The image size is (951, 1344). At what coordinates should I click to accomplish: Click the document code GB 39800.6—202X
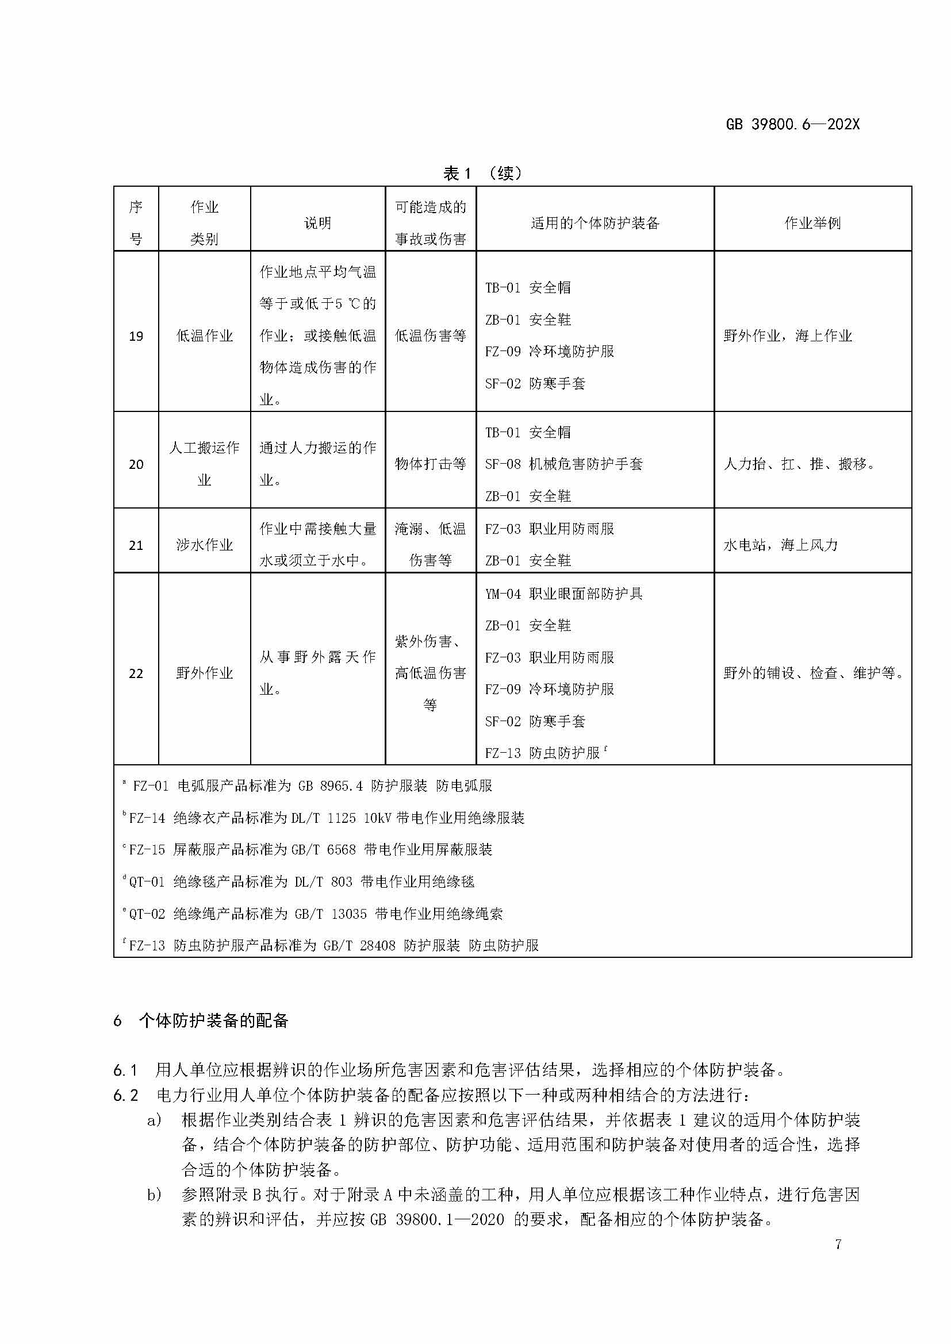[x=792, y=124]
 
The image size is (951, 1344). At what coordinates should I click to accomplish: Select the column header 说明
[x=317, y=223]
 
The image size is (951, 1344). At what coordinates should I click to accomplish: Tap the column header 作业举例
[x=812, y=223]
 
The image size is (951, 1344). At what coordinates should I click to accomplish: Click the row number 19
[x=136, y=336]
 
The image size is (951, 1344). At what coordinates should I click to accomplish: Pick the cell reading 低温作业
[x=204, y=336]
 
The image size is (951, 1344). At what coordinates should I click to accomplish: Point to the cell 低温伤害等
[x=431, y=336]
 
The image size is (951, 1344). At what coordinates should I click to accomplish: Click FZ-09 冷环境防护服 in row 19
[x=549, y=351]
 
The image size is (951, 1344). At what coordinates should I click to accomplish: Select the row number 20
[x=136, y=464]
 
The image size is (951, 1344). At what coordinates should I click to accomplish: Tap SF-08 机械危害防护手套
[x=563, y=464]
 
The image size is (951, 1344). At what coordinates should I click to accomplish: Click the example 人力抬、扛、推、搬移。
[x=799, y=464]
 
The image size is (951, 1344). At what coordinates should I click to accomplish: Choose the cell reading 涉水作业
[x=204, y=545]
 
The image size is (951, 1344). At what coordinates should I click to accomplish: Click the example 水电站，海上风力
[x=781, y=545]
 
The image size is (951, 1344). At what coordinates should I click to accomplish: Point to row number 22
[x=136, y=673]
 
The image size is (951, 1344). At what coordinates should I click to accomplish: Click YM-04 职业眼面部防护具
[x=563, y=594]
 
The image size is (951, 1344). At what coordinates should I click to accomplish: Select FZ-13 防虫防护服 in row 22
[x=543, y=753]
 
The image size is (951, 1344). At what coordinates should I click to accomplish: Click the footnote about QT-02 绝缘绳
[x=315, y=914]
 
